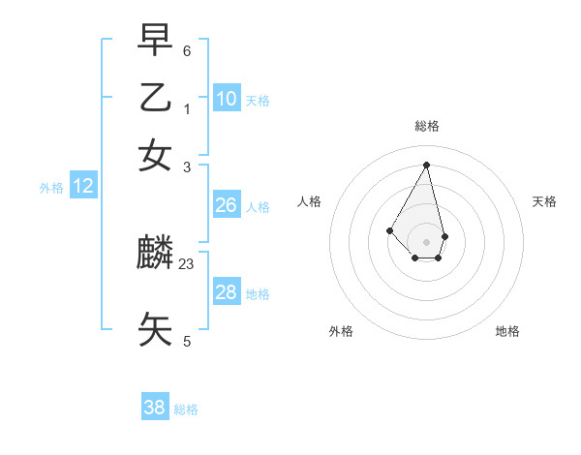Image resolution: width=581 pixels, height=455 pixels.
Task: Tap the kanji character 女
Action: tap(155, 156)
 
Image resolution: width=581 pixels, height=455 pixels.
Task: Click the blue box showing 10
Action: tap(226, 99)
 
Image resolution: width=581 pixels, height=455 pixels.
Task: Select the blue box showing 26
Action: tap(226, 205)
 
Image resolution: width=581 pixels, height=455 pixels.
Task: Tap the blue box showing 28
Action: tap(226, 292)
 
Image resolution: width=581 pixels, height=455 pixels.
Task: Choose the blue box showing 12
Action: tap(83, 186)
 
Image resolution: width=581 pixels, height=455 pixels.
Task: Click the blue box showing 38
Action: tap(155, 408)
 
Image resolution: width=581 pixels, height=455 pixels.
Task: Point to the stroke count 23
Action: tap(187, 263)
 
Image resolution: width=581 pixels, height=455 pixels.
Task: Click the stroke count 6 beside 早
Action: tap(187, 50)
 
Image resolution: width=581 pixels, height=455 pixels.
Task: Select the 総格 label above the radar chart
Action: tap(426, 126)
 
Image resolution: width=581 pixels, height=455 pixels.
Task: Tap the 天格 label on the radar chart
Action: tap(544, 201)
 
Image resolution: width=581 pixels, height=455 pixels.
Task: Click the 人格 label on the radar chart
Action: tap(310, 201)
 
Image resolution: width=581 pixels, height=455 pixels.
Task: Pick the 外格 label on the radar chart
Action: tap(341, 331)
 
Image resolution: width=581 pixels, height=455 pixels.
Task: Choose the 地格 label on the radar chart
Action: tap(507, 331)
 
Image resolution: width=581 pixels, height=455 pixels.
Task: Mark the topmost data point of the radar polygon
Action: tap(426, 165)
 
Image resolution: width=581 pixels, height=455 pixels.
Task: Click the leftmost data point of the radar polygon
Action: tap(389, 229)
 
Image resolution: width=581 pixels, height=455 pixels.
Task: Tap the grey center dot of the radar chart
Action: tap(426, 241)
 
